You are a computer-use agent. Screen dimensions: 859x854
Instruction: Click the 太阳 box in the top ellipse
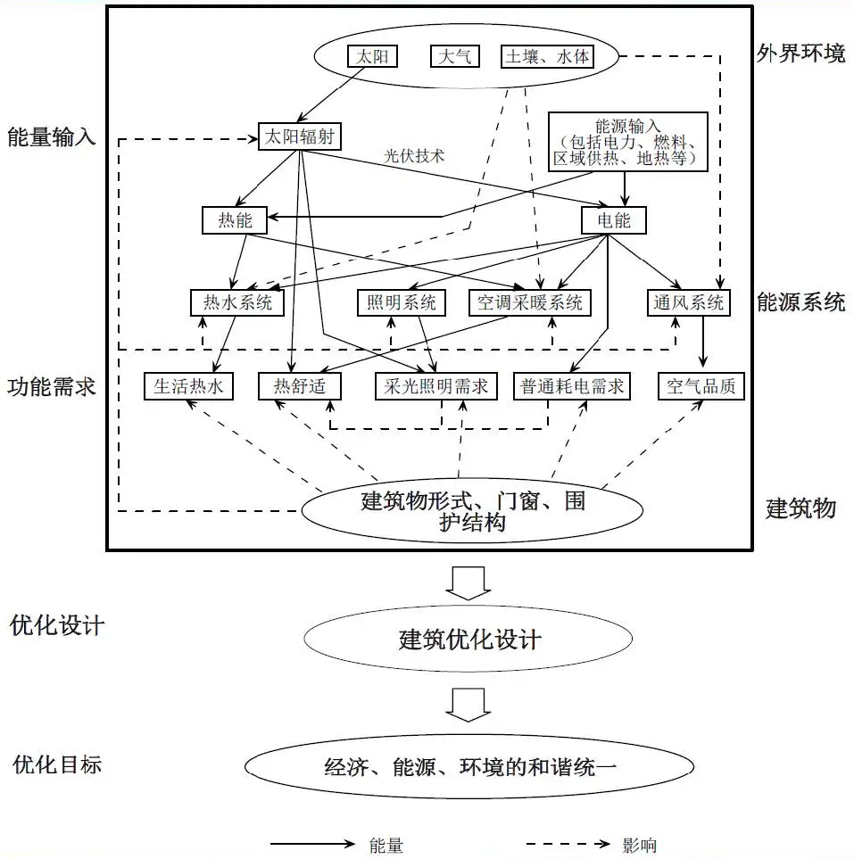point(372,57)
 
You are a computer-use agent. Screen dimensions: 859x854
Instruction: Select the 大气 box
point(455,57)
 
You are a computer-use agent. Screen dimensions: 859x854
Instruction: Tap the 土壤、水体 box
point(546,57)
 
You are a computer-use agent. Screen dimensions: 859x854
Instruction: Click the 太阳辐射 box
point(300,136)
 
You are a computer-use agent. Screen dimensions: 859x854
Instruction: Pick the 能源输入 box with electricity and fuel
point(628,141)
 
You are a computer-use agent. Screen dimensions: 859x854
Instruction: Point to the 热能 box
point(235,219)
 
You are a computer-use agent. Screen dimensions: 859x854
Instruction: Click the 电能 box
point(613,219)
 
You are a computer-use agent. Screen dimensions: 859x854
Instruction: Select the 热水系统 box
point(236,303)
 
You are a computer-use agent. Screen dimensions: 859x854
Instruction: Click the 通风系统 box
point(688,303)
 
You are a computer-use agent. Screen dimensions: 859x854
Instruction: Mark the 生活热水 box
point(188,386)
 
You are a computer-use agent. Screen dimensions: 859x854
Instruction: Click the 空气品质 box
point(701,386)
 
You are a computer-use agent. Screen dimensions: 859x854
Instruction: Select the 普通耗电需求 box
point(572,386)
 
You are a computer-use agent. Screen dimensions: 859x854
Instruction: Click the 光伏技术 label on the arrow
point(414,155)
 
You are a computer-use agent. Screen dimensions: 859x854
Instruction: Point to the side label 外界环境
point(800,54)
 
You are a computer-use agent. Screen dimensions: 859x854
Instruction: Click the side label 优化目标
point(56,764)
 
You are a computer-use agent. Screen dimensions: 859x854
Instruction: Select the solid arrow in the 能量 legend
point(312,843)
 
